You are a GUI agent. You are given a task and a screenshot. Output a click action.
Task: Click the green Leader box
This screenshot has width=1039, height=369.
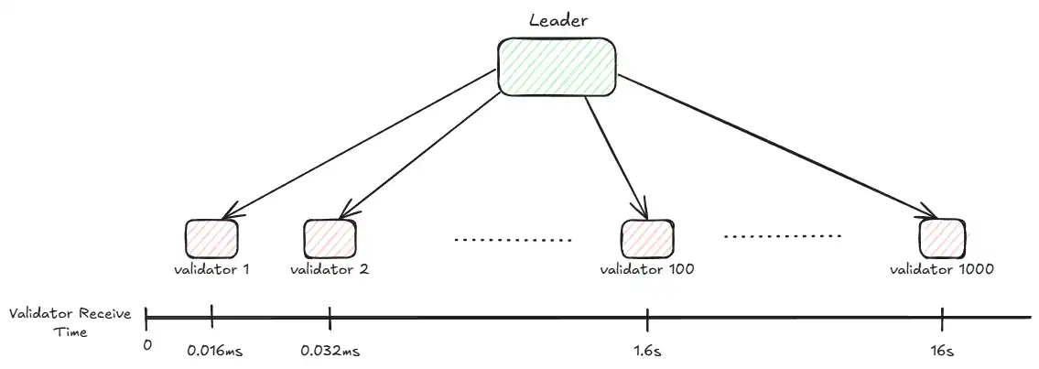pos(557,66)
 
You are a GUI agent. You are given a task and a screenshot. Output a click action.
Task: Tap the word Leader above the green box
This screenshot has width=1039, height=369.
pos(557,20)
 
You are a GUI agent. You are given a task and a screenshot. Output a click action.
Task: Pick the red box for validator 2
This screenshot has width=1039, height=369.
pos(330,239)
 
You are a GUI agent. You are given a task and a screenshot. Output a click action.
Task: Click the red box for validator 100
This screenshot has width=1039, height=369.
pos(647,239)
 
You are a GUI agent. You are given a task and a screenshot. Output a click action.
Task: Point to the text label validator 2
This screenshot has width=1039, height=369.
pos(330,270)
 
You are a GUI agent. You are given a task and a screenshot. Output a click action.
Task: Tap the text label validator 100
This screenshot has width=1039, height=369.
pos(647,270)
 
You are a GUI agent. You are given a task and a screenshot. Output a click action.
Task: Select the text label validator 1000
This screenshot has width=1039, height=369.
pos(942,270)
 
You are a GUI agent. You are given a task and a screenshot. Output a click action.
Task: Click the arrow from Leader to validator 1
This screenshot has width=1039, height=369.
pos(360,143)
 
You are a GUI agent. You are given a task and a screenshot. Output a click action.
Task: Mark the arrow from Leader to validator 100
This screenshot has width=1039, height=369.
pos(616,157)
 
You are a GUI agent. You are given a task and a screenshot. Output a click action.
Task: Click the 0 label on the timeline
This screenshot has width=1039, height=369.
pos(147,345)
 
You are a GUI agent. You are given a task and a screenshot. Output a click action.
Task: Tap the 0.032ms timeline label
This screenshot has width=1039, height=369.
pos(330,350)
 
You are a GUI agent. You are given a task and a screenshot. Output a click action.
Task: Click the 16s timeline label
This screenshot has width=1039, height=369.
pos(942,350)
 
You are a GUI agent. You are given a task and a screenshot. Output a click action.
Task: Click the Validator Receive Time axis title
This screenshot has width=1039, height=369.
pos(70,322)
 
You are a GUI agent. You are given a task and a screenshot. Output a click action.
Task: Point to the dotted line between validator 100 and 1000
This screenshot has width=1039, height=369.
pos(783,236)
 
